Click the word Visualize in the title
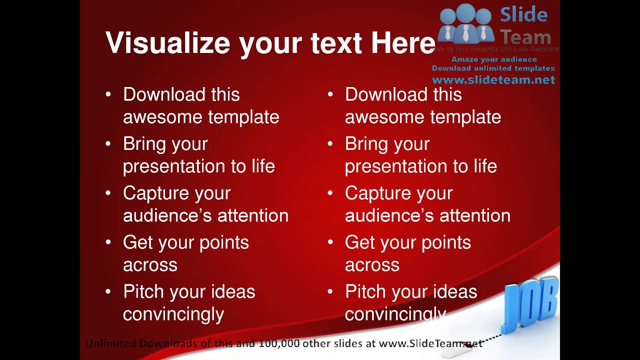click(x=168, y=43)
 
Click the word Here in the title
click(x=403, y=43)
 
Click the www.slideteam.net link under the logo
click(x=493, y=80)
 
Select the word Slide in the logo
click(x=523, y=14)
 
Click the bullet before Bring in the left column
click(x=108, y=144)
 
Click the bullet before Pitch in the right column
click(x=330, y=292)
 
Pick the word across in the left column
click(x=150, y=265)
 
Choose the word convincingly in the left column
click(x=173, y=314)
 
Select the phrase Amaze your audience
click(x=493, y=59)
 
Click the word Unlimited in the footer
click(x=110, y=343)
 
